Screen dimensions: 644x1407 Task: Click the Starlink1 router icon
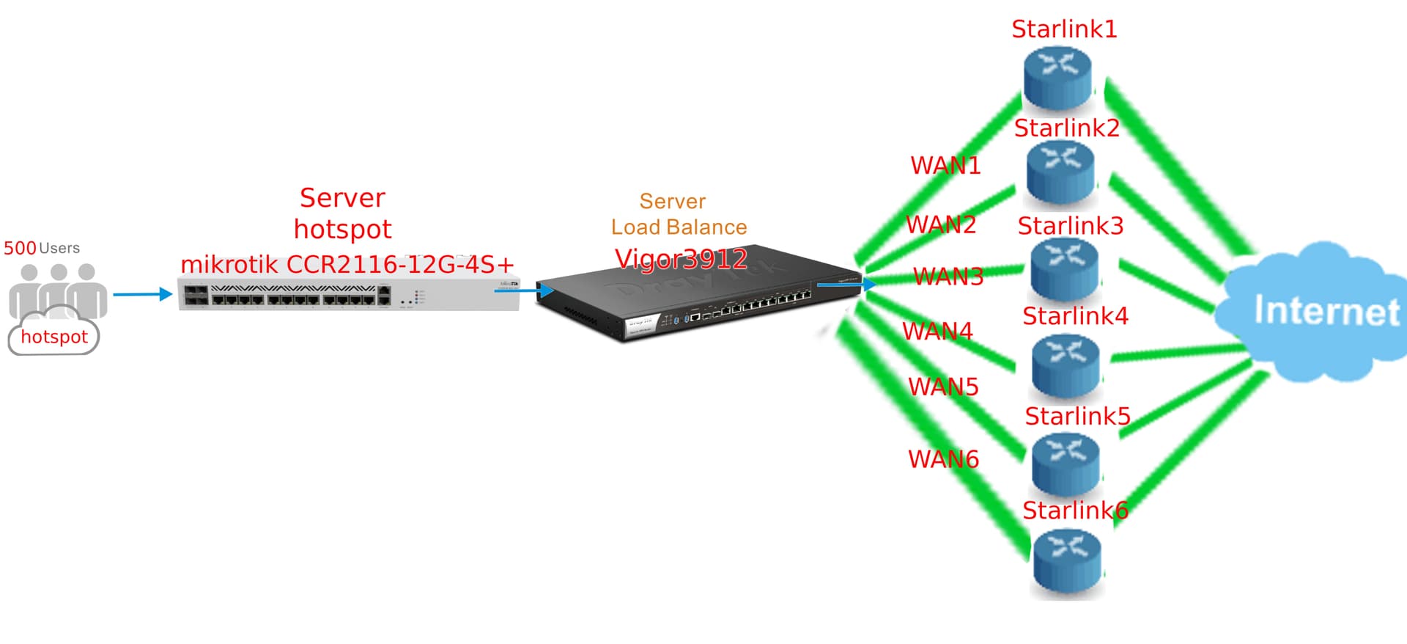coord(1057,77)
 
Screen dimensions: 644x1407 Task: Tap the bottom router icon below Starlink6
coord(1067,563)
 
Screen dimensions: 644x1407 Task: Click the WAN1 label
coord(945,166)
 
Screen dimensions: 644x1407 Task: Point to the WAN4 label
coord(937,332)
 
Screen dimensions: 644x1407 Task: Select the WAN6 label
coord(943,459)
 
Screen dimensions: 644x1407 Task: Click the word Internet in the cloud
coord(1326,311)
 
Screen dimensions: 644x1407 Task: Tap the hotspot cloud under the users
coord(53,337)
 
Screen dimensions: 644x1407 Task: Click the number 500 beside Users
coord(20,248)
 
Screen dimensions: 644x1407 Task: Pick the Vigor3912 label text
coord(681,259)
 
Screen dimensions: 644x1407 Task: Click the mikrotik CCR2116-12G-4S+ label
coord(347,264)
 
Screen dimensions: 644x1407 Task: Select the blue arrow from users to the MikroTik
coord(142,294)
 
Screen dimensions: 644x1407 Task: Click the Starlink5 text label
coord(1077,416)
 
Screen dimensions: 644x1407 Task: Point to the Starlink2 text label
coord(1066,128)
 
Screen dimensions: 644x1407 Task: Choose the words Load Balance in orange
coord(679,227)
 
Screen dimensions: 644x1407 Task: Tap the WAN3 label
coord(948,277)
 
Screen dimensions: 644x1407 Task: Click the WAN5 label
coord(943,387)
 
